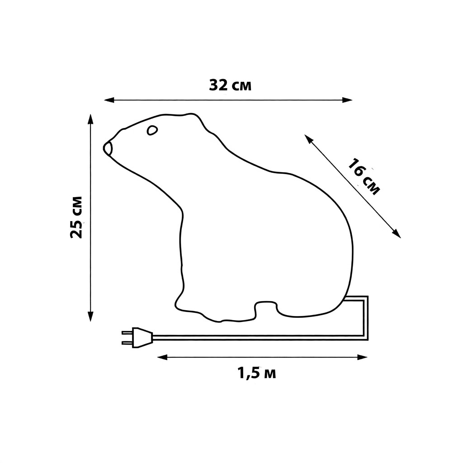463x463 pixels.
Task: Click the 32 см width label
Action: point(230,85)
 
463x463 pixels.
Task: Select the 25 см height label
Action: point(77,217)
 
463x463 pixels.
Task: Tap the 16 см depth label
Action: point(364,177)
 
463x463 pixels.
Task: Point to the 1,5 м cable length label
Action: point(256,373)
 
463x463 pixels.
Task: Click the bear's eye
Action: point(152,131)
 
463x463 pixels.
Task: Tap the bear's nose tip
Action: point(108,148)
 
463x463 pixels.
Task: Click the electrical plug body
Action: point(142,338)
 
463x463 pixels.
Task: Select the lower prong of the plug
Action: point(127,343)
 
